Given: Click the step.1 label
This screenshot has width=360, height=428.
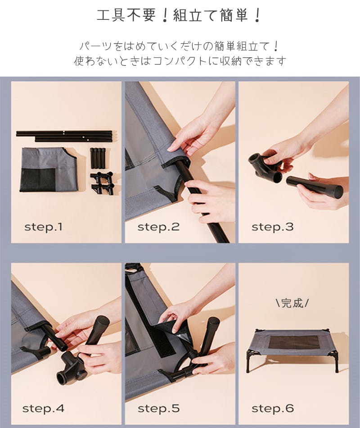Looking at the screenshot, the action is click(43, 227).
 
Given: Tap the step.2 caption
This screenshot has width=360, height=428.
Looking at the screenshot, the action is click(158, 227).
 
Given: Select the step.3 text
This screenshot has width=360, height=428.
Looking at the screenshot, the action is click(272, 227).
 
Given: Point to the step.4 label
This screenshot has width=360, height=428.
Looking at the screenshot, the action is click(43, 409).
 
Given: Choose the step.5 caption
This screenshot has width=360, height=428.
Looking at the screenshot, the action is click(158, 409).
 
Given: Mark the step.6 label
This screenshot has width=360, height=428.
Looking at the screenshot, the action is click(272, 409).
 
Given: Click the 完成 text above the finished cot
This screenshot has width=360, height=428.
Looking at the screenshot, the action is click(292, 303).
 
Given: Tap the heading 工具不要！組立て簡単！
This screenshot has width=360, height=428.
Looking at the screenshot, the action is click(179, 15).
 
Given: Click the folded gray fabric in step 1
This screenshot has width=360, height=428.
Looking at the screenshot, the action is click(49, 170).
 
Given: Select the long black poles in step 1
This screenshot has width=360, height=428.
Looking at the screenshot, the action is click(64, 136).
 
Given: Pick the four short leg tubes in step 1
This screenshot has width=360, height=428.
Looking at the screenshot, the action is click(98, 158).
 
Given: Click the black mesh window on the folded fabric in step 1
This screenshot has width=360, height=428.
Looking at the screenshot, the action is click(38, 179).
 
